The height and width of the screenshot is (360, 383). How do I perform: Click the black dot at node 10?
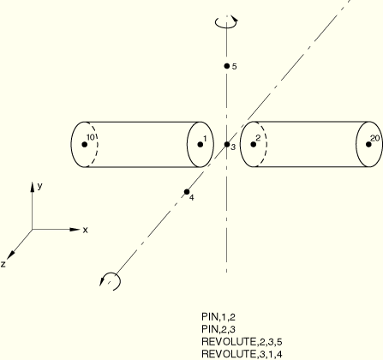[x=85, y=145]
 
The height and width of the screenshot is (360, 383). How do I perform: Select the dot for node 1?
[x=200, y=145]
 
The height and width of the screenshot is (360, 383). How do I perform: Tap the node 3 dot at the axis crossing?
[x=227, y=145]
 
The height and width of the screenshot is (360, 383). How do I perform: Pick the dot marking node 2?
[x=254, y=145]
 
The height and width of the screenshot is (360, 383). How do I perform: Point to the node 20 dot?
[x=368, y=145]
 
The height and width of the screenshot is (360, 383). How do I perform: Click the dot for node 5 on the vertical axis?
[x=227, y=66]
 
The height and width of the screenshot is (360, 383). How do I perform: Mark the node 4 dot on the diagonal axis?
[x=187, y=192]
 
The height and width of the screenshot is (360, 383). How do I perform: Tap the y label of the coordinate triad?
[x=40, y=186]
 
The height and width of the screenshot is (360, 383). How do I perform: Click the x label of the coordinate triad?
[x=85, y=230]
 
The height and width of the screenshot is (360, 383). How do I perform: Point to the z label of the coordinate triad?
[x=3, y=264]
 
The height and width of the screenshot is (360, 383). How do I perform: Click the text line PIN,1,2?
[x=218, y=317]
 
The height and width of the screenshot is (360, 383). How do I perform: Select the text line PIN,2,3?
[x=218, y=329]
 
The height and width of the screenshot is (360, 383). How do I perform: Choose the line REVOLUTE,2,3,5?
[x=242, y=342]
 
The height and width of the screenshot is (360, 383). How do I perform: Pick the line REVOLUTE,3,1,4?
[x=242, y=354]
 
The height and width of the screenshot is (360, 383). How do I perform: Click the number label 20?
[x=375, y=139]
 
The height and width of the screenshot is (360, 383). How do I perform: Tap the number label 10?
[x=90, y=137]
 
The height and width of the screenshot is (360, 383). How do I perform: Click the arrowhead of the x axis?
[x=75, y=229]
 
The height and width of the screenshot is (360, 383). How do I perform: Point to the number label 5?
[x=234, y=67]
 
